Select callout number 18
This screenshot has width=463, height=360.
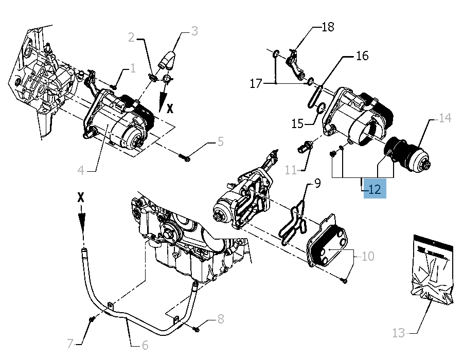[328, 27]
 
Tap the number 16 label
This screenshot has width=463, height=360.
[362, 56]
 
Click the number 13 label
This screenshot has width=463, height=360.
[399, 333]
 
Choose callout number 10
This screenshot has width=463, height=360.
[368, 256]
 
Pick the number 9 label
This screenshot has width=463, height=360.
[317, 183]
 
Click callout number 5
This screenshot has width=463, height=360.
[220, 141]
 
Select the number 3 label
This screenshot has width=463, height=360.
[194, 31]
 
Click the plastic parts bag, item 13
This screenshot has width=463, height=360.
[433, 270]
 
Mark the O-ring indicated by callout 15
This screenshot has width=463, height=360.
[319, 109]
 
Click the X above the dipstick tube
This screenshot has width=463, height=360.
[81, 197]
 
